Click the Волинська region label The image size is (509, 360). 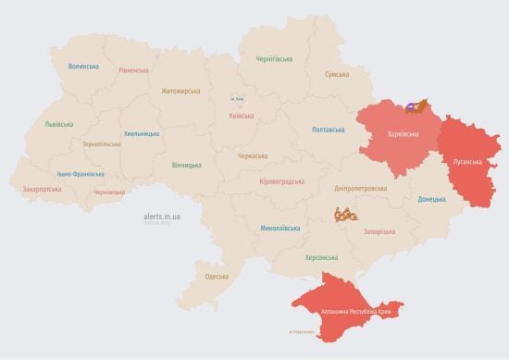pos(83,67)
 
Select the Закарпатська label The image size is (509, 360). pos(43,190)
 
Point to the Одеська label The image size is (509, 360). pos(217,277)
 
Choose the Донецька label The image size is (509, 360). pos(431,199)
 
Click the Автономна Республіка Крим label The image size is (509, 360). pos(355,313)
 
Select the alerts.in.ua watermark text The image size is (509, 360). pos(162,216)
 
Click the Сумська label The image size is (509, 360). pos(337,74)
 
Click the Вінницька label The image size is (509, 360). pos(186,165)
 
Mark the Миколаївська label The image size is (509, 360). pos(279,227)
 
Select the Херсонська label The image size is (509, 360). pos(322,257)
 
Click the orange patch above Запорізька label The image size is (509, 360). pos(345,215)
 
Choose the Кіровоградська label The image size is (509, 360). pos(282,181)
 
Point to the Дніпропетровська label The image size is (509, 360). pos(361,188)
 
